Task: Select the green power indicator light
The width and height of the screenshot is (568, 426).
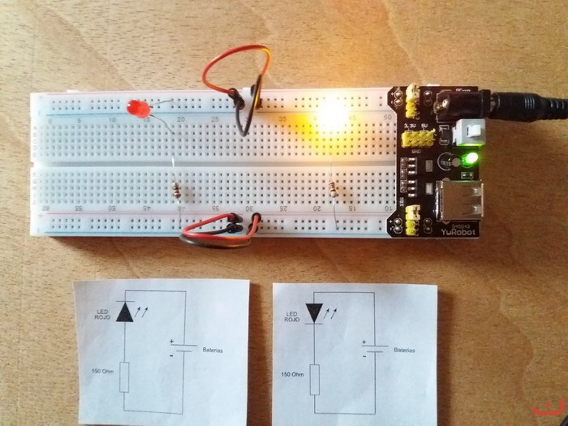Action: coord(470,158)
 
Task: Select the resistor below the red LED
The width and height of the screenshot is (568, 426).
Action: coord(178,191)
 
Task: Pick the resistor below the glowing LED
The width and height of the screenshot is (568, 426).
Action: coord(333,191)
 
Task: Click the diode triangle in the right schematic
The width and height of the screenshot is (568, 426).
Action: coord(314,312)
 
